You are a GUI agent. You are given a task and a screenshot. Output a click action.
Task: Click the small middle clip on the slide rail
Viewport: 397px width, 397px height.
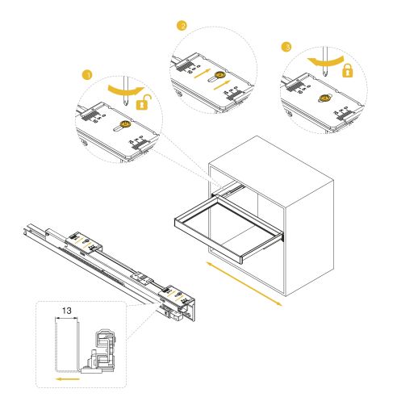[x=140, y=277]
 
